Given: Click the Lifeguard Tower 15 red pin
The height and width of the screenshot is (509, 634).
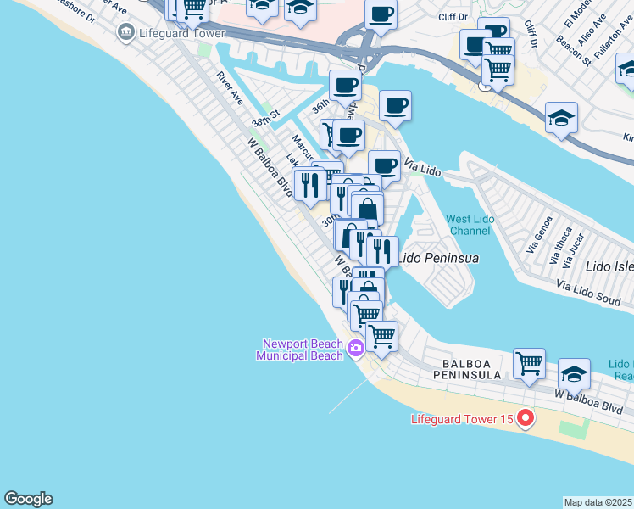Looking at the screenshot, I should pos(526,418).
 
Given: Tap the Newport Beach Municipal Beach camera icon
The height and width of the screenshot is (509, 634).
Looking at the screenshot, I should pos(356,347).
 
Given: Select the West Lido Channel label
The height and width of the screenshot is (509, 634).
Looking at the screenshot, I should pos(470,225).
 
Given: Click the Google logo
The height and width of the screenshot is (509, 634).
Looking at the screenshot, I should pos(28,499).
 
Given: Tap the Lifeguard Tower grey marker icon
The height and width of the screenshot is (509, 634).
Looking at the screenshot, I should pos(126,33).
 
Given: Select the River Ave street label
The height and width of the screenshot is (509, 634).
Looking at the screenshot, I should pos(230,88).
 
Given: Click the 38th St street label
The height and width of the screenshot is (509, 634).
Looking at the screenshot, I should pos(264,122).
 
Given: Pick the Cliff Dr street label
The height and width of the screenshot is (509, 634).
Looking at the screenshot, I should pos(453,16).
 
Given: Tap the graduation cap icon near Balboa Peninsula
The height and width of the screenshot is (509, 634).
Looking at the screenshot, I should pos(574,373).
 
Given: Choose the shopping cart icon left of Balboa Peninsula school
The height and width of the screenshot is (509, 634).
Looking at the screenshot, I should pos(529,364).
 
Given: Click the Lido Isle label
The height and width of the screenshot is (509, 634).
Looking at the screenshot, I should pos(609,266).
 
